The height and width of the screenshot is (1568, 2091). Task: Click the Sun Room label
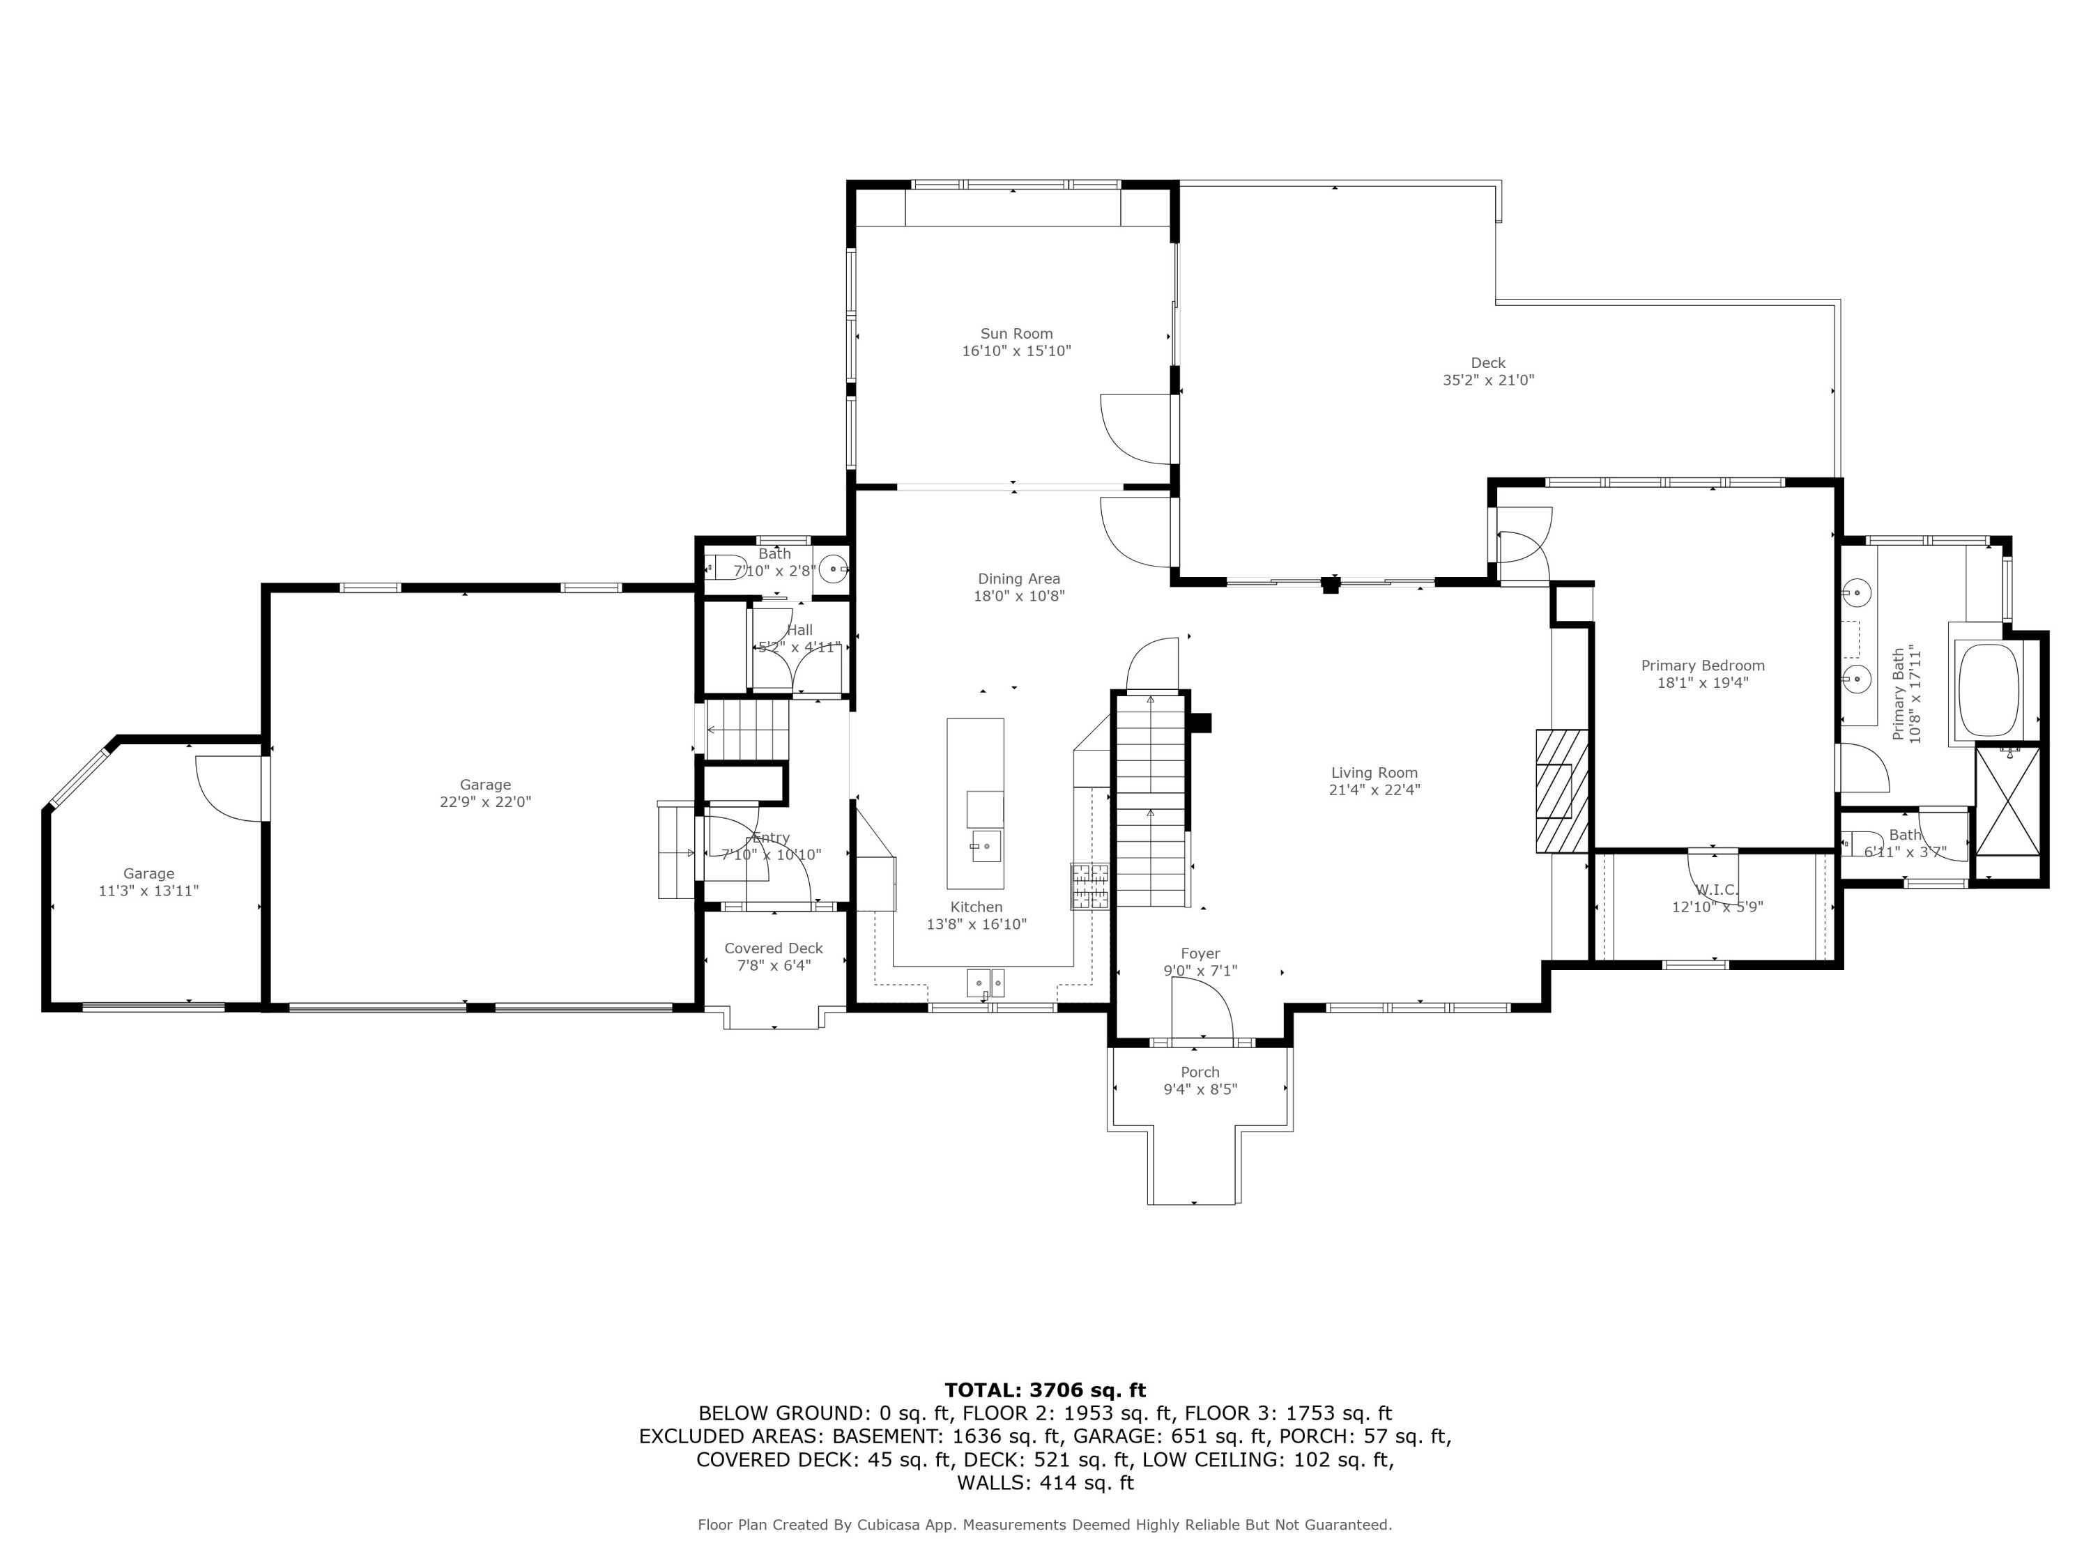pos(1016,334)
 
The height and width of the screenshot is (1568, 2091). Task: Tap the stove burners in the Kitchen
pos(1089,886)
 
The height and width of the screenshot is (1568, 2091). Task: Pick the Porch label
pos(1200,1072)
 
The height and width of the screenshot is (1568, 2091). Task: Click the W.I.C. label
pos(1717,889)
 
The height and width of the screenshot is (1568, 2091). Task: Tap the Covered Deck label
pos(773,948)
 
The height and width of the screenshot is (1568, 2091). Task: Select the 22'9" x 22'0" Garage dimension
pos(486,801)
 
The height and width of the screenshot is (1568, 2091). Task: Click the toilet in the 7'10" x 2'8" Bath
pos(726,567)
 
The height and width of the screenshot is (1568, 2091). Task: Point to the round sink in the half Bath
pos(832,569)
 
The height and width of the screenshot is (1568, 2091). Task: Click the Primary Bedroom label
pos(1703,666)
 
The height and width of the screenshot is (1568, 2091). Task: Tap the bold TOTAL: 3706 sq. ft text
pos(1045,1390)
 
